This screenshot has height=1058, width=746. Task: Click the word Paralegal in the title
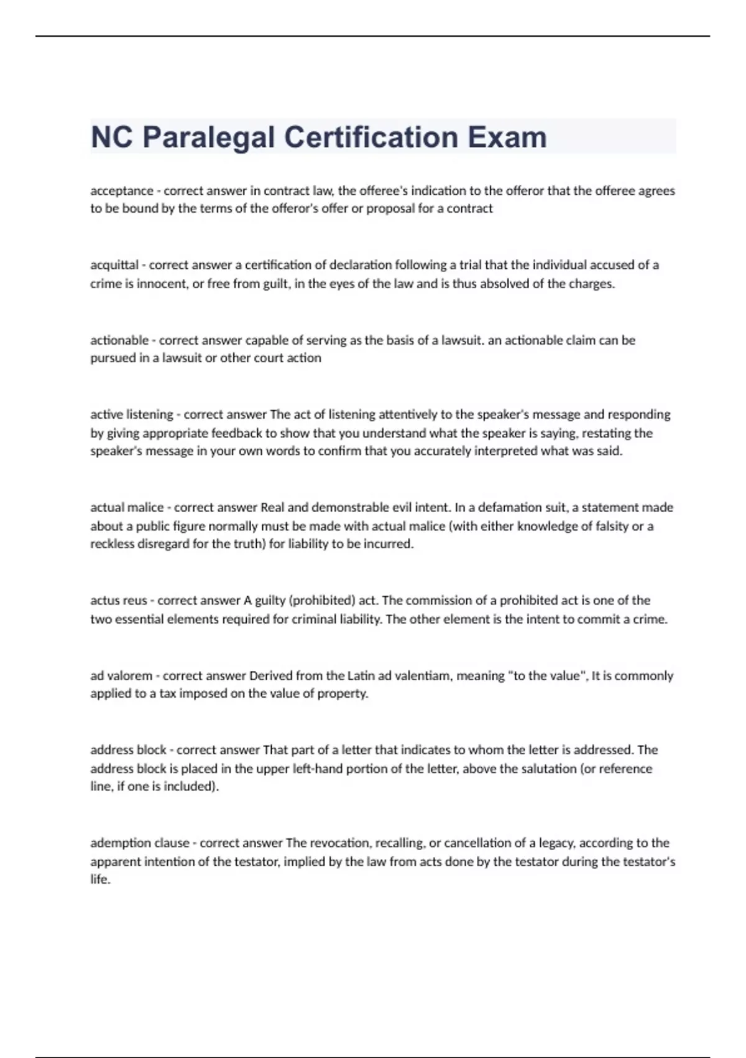click(208, 138)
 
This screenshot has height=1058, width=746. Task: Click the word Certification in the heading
click(371, 138)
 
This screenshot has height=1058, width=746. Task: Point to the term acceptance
click(122, 191)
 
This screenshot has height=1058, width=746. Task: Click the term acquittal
click(114, 265)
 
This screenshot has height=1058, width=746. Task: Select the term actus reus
click(119, 601)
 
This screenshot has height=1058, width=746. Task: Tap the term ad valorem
click(121, 676)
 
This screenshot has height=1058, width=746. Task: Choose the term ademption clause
click(140, 843)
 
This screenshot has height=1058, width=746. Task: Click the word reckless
click(113, 544)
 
